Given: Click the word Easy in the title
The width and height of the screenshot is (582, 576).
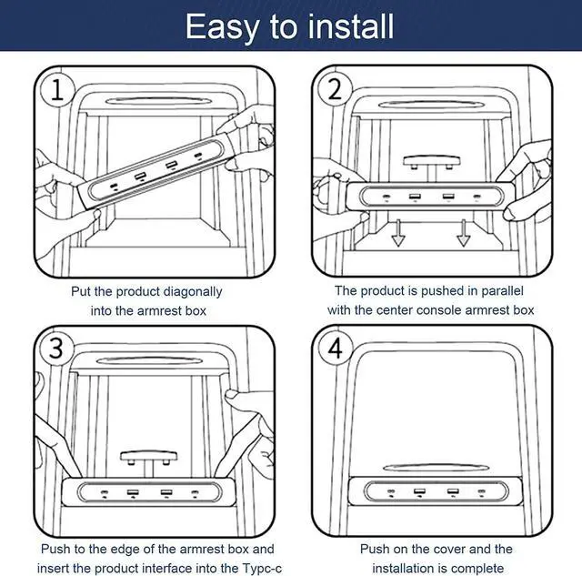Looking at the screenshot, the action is point(222,27).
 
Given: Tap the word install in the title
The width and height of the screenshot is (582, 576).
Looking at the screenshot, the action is point(351,25).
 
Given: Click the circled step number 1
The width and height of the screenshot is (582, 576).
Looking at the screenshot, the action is point(56,90).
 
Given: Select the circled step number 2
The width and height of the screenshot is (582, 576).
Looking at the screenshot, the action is point(335,89).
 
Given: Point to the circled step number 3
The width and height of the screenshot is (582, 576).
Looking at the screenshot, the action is point(56,349).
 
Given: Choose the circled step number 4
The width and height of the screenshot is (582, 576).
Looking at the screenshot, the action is point(336,349).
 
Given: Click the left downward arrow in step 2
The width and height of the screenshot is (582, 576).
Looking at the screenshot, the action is point(398,233).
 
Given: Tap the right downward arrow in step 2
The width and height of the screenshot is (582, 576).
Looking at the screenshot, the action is point(463,233).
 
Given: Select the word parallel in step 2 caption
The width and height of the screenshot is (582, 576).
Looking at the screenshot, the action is point(502,291).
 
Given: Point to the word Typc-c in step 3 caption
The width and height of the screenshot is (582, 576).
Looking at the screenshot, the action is point(263,568).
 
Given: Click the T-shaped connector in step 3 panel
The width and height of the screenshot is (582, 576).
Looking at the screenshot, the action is point(148,463).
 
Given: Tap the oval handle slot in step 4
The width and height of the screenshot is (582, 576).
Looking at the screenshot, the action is point(436,467).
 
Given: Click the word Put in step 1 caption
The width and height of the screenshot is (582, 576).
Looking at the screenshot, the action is point(81,291).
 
